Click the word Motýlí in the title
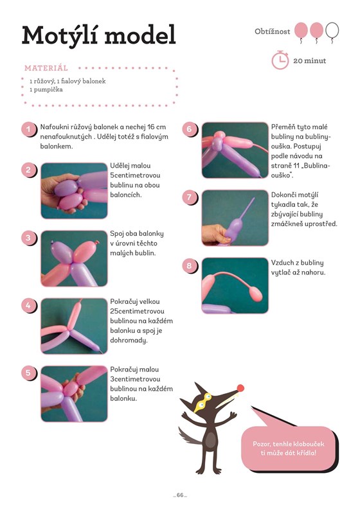[x=60, y=35]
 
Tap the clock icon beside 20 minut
[x=280, y=60]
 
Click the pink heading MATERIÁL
[x=46, y=68]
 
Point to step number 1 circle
[x=28, y=129]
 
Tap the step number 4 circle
[x=28, y=306]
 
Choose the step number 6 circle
[x=190, y=129]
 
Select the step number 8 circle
[x=190, y=265]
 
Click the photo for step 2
[x=74, y=190]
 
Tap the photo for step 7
[x=235, y=218]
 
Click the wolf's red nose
[x=240, y=389]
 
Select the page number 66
[x=180, y=495]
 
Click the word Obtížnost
[x=272, y=31]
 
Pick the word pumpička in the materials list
[x=48, y=89]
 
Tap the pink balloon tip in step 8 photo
[x=256, y=294]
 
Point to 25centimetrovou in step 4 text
[x=137, y=311]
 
